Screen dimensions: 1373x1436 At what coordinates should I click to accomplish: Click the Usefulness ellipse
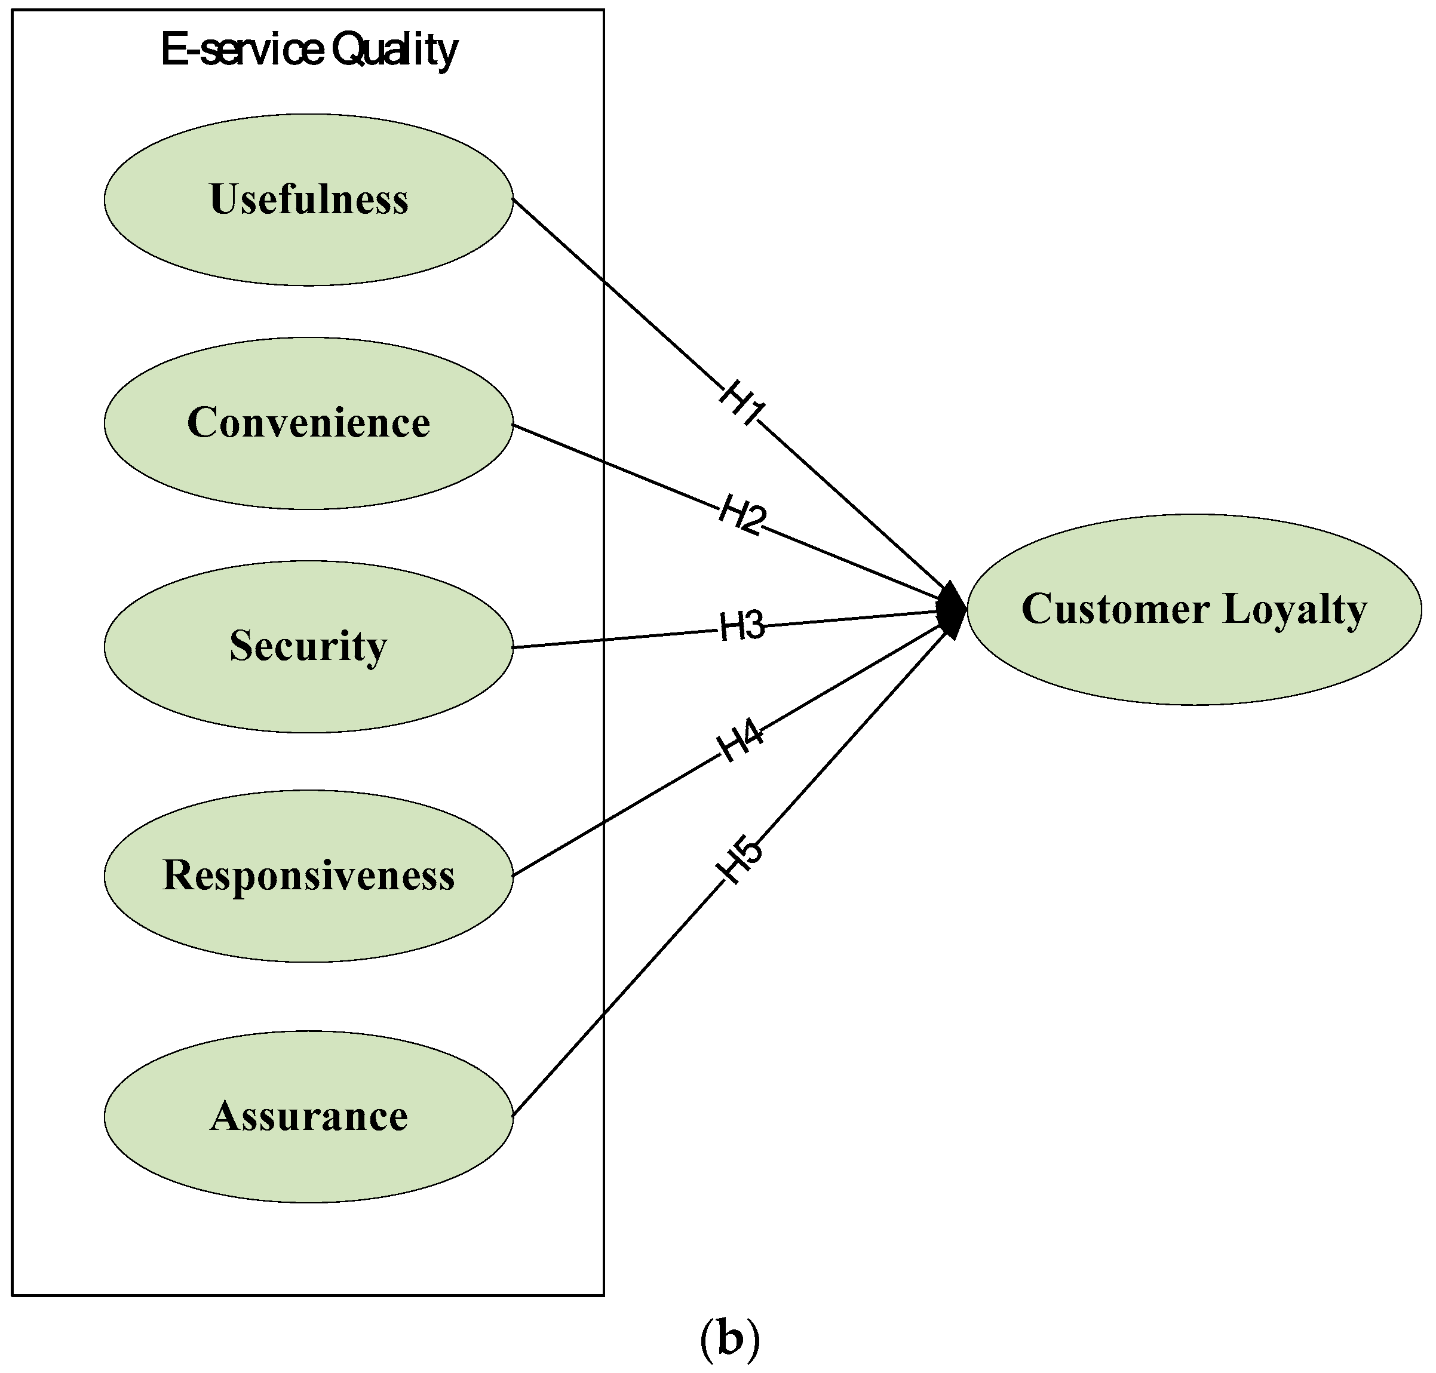(308, 199)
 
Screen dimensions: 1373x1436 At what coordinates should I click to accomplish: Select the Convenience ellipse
(308, 423)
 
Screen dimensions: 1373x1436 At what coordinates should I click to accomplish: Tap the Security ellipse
(308, 646)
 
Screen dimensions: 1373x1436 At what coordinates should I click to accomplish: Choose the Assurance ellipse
(308, 1116)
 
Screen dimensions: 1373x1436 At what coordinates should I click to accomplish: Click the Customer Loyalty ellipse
(1193, 609)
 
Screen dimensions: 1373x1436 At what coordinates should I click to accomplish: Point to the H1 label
(741, 403)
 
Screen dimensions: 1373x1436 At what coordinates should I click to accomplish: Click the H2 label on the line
(741, 515)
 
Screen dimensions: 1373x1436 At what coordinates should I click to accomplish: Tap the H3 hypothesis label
(741, 626)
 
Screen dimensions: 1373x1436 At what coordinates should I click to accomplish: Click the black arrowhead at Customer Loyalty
(952, 610)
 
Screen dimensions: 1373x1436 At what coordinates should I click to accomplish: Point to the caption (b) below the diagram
(730, 1338)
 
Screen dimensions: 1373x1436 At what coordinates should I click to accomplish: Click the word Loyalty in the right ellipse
(1294, 610)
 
